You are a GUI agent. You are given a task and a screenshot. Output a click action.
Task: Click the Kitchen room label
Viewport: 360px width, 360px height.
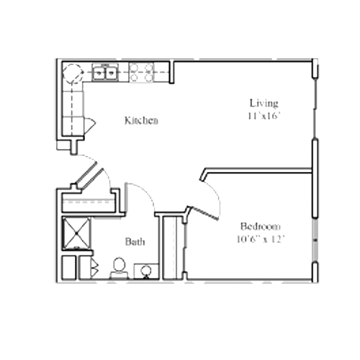click(x=141, y=120)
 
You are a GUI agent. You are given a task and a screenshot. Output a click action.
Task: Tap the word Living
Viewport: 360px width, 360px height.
click(x=264, y=103)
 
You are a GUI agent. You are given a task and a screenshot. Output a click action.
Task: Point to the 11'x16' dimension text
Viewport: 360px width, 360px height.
click(x=264, y=116)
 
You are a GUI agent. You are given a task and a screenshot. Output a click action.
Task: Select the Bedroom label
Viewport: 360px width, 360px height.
click(x=261, y=226)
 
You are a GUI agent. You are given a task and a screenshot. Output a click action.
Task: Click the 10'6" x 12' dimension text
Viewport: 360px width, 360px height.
click(x=261, y=239)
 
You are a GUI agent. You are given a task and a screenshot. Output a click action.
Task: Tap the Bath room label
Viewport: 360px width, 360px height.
click(x=135, y=242)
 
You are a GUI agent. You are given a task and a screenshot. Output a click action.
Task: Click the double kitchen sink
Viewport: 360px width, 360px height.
click(x=105, y=72)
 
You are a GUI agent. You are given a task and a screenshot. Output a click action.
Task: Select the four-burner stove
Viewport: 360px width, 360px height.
click(x=141, y=73)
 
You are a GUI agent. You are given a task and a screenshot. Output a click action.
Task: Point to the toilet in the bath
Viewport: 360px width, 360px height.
click(x=119, y=269)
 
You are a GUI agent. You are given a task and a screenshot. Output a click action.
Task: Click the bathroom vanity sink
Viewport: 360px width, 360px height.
click(x=146, y=271)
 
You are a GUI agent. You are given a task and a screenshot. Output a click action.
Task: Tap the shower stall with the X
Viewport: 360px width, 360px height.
click(x=76, y=233)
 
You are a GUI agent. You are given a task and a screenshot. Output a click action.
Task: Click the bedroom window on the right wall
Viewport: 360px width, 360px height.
click(x=315, y=240)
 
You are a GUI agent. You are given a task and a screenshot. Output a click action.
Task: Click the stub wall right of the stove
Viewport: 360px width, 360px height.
click(x=172, y=72)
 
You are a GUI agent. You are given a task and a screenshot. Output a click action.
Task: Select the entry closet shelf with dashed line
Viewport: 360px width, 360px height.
click(x=89, y=202)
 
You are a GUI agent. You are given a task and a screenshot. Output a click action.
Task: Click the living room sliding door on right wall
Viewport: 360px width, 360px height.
click(x=315, y=109)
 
